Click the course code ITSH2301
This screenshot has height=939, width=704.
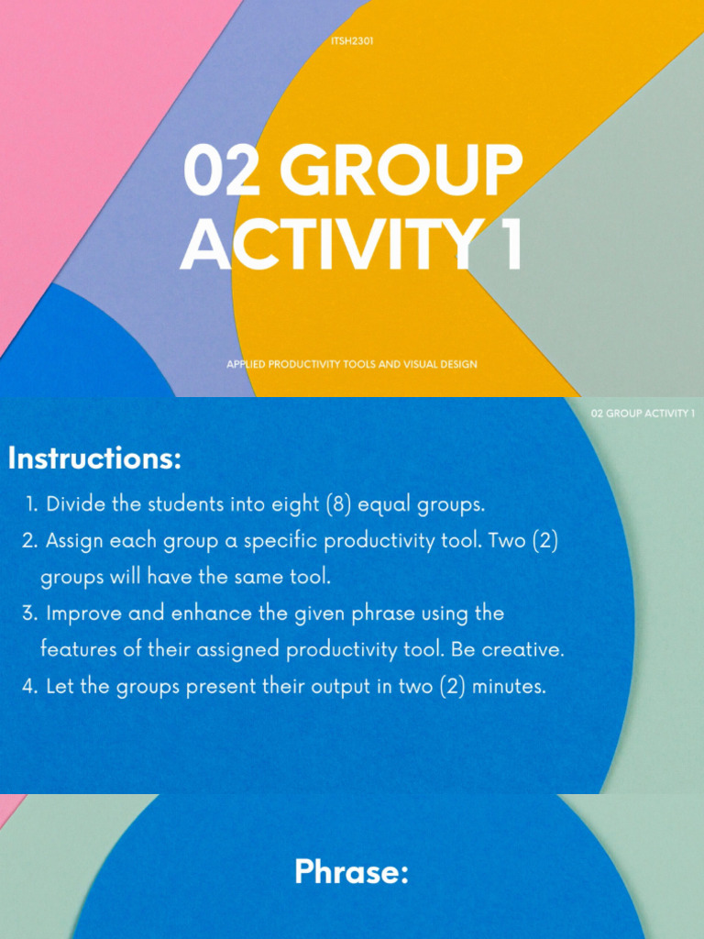pyautogui.click(x=352, y=41)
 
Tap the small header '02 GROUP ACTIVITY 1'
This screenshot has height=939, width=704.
pyautogui.click(x=643, y=414)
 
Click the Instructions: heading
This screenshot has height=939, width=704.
pyautogui.click(x=94, y=458)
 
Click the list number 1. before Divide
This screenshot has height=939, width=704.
pyautogui.click(x=34, y=504)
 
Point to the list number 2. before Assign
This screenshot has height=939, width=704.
pyautogui.click(x=30, y=541)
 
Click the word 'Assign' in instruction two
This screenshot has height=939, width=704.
pyautogui.click(x=74, y=541)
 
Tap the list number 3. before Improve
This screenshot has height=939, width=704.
pyautogui.click(x=30, y=613)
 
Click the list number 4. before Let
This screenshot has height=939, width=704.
pyautogui.click(x=30, y=686)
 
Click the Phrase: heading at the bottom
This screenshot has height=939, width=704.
pyautogui.click(x=351, y=872)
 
